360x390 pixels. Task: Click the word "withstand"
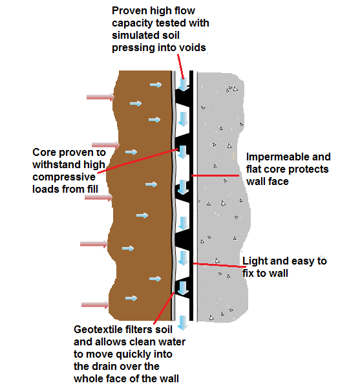pos(56,164)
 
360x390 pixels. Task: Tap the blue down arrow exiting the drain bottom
pos(184,322)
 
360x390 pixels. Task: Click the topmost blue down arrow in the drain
pos(184,85)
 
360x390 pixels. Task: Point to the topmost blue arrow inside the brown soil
pos(155,84)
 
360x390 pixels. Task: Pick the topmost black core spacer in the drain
pos(184,100)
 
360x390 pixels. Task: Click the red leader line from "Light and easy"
pos(217,265)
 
